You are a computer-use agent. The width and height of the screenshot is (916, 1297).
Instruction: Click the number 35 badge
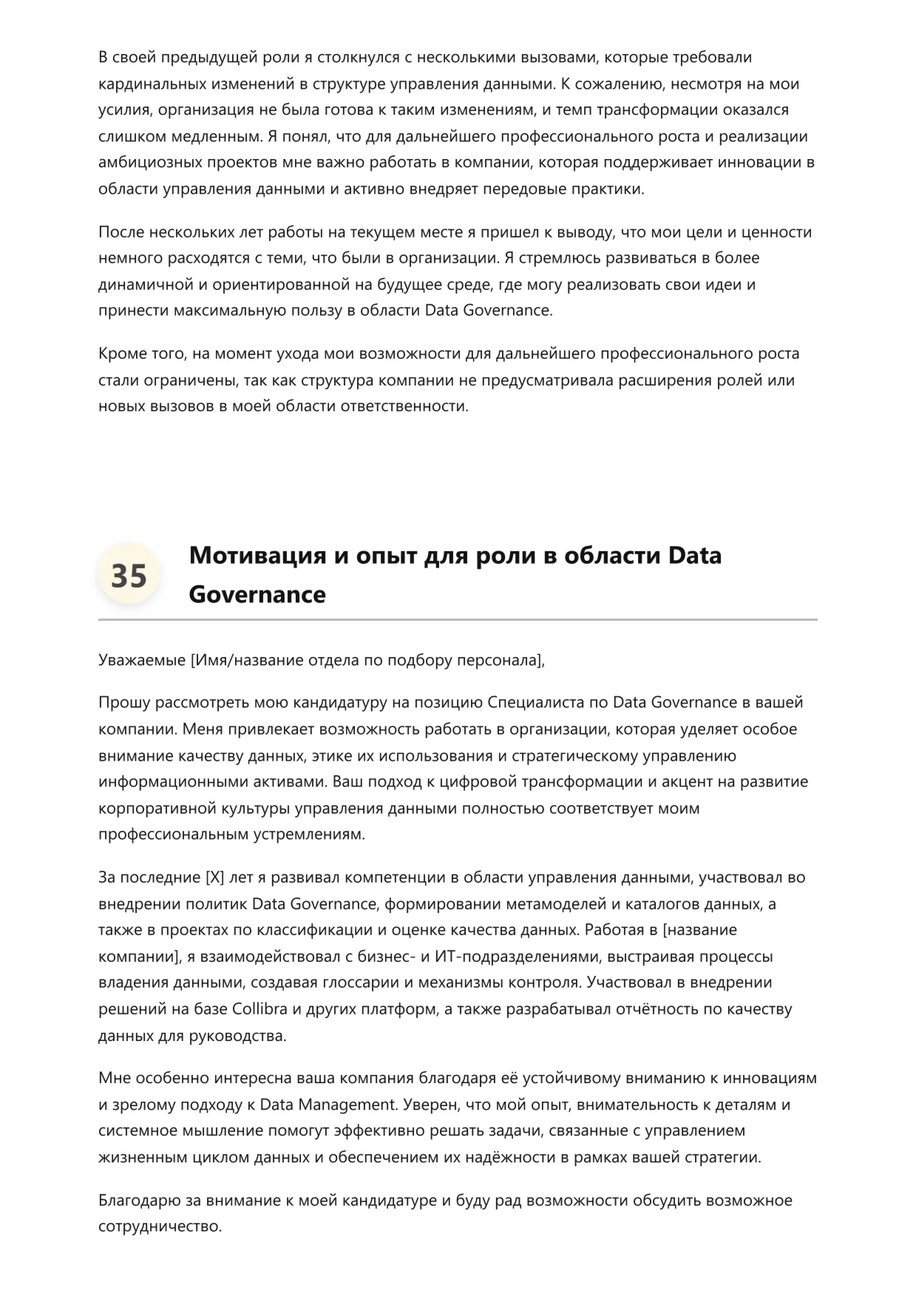(129, 576)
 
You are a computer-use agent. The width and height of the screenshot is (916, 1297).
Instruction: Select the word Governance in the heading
(257, 594)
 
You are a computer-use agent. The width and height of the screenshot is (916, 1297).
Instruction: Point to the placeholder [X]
(213, 877)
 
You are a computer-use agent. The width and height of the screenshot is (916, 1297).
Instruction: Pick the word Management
(347, 1105)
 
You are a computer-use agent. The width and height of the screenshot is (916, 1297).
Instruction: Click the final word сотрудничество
(159, 1226)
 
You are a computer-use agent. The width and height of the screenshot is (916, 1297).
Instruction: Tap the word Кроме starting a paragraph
(121, 354)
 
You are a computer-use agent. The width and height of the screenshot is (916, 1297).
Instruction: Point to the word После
(121, 232)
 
